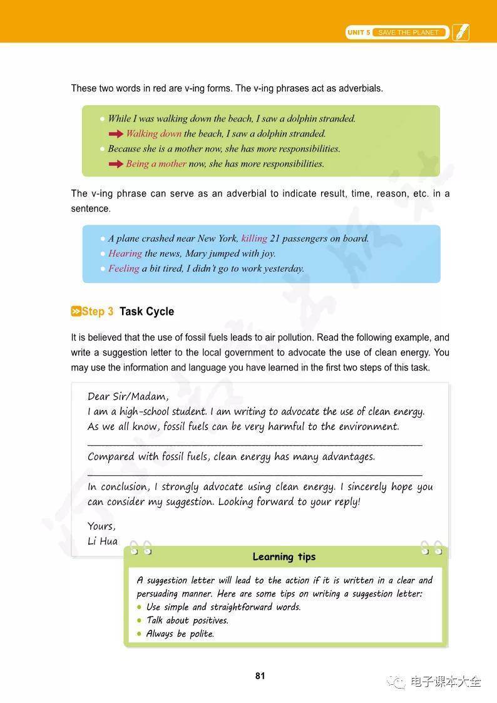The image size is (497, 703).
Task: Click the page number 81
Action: coord(260,675)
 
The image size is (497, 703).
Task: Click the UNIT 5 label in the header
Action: coord(359,33)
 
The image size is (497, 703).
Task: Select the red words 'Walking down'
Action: coord(153,133)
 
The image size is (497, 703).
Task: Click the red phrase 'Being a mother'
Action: coord(156,163)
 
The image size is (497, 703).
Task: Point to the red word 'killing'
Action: coord(254,239)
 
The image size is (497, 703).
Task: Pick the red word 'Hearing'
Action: coord(125,254)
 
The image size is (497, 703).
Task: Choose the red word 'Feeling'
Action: coord(124,269)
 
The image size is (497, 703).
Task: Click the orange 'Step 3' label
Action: coord(93,311)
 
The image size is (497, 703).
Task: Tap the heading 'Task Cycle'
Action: coord(146,311)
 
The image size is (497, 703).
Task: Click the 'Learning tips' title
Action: coord(284,557)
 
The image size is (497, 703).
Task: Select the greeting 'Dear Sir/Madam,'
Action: coord(128,396)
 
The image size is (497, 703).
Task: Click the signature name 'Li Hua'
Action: coord(103,541)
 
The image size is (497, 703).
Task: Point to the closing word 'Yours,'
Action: coord(101,526)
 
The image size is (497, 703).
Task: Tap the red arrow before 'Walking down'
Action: coord(116,133)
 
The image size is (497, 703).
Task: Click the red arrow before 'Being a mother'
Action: coord(116,163)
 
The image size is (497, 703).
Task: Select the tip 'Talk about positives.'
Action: coord(187,620)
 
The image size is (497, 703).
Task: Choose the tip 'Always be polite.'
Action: coord(180,634)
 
